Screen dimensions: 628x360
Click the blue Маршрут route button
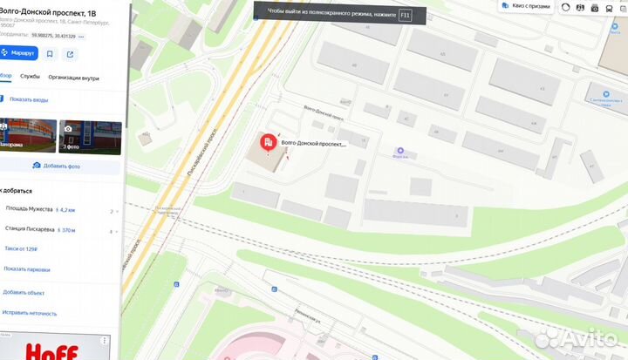pos(18,53)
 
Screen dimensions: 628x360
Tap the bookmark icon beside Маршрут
pos(50,53)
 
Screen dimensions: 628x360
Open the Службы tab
pos(30,77)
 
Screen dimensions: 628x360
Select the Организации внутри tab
pos(73,77)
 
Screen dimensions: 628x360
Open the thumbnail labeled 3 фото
pos(90,135)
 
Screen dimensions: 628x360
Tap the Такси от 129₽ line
pos(21,249)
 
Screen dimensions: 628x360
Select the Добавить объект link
pos(24,292)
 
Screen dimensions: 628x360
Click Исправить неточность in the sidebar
pos(29,312)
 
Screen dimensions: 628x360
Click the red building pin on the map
pos(266,142)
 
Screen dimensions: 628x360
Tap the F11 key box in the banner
pos(404,15)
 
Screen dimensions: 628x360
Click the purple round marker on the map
pos(400,150)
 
